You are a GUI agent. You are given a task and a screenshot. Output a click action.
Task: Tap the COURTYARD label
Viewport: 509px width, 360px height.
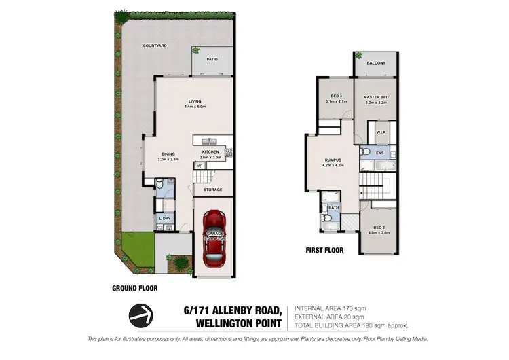pyautogui.click(x=155, y=46)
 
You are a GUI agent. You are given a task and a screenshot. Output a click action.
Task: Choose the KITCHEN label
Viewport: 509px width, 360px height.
pyautogui.click(x=211, y=151)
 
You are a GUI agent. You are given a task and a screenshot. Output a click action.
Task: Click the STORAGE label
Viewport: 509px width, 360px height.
pyautogui.click(x=213, y=190)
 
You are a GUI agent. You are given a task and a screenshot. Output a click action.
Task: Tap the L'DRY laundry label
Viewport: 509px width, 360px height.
pyautogui.click(x=164, y=218)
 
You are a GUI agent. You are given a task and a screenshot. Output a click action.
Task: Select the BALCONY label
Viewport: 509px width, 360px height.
pyautogui.click(x=376, y=63)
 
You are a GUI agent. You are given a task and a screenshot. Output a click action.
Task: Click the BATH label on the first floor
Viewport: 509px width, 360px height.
pyautogui.click(x=334, y=209)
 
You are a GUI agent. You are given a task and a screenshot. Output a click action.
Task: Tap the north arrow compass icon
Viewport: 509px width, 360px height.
pyautogui.click(x=141, y=316)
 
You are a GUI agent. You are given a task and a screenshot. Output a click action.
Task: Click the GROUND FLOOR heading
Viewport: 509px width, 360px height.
pyautogui.click(x=134, y=288)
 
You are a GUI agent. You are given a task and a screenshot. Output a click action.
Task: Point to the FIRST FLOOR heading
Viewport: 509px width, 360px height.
pyautogui.click(x=324, y=250)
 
